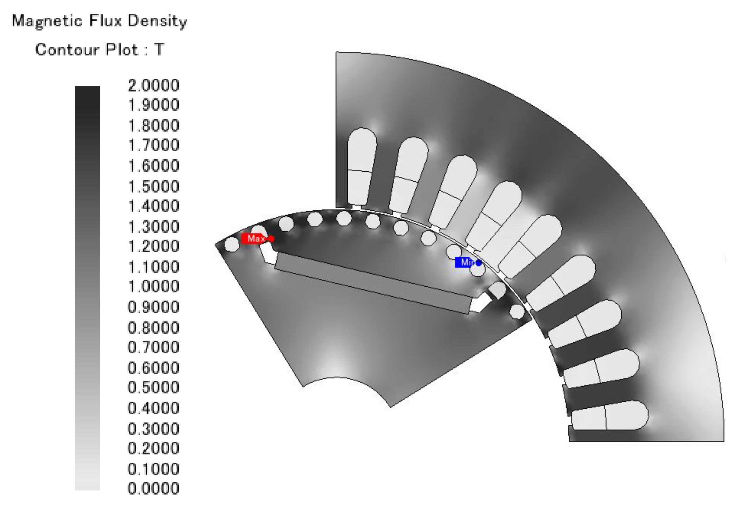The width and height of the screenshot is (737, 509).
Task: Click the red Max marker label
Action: [x=253, y=238]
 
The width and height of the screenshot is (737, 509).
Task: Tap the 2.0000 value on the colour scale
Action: [x=154, y=85]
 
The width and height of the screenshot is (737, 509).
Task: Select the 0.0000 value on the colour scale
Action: [x=154, y=488]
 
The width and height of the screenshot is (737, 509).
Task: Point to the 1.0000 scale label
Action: [x=154, y=286]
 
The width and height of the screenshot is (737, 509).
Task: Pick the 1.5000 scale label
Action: [x=154, y=186]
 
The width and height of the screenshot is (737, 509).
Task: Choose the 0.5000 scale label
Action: [x=154, y=387]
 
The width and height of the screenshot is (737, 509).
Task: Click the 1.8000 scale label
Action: [x=154, y=126]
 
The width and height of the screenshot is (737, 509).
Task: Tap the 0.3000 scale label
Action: [x=154, y=428]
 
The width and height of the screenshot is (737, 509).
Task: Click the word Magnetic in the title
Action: [x=47, y=22]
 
